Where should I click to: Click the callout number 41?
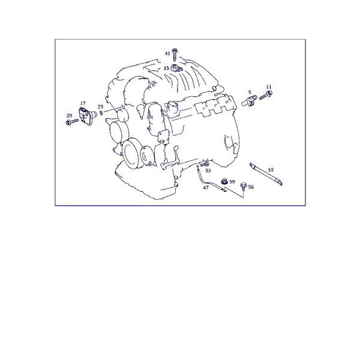[167, 53]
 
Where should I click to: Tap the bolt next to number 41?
[175, 55]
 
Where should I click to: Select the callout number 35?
[166, 68]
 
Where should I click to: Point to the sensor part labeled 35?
[176, 68]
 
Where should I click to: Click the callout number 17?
[83, 103]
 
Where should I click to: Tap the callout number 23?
[101, 107]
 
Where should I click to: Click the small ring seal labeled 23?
[101, 113]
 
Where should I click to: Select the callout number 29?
[69, 116]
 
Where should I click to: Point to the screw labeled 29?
[72, 122]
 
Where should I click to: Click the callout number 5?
[250, 92]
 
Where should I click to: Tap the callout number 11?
[269, 87]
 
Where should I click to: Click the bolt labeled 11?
[266, 95]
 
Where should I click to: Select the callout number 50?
[271, 170]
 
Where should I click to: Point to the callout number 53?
[208, 170]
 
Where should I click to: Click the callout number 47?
[206, 188]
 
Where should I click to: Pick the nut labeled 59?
[224, 182]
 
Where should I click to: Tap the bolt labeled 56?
[244, 187]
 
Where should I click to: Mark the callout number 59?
[232, 182]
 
